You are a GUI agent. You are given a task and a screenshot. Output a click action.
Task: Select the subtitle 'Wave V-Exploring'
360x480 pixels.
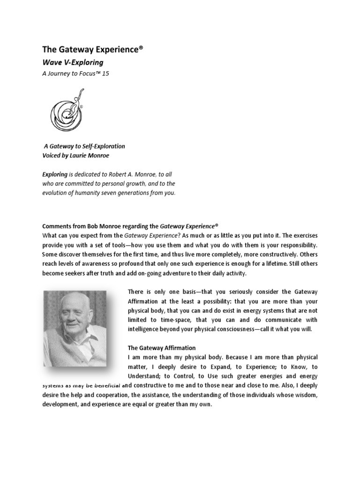[x=73, y=62]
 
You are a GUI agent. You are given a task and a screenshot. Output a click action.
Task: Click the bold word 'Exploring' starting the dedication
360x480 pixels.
[x=55, y=174]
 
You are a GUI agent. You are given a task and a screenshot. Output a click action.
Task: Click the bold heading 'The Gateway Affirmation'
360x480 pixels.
[x=162, y=348]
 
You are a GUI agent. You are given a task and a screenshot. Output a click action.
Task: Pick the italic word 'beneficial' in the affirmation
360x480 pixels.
[x=105, y=385]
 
